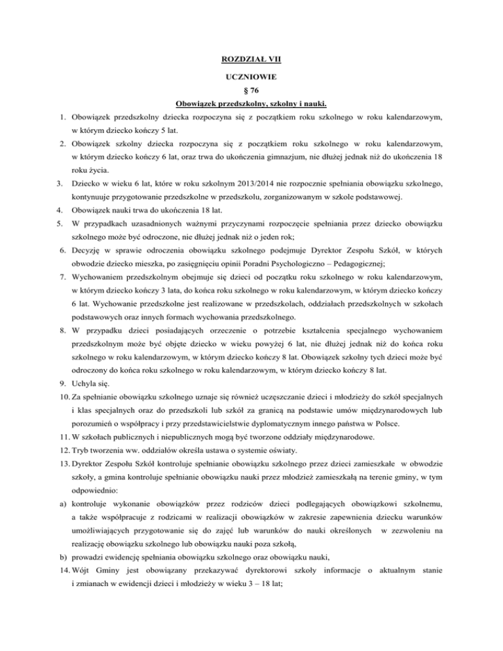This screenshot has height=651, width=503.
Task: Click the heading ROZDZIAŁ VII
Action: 251,60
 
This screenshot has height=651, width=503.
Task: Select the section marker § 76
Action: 251,90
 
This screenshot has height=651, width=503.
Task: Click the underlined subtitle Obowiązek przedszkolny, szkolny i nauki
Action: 251,103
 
